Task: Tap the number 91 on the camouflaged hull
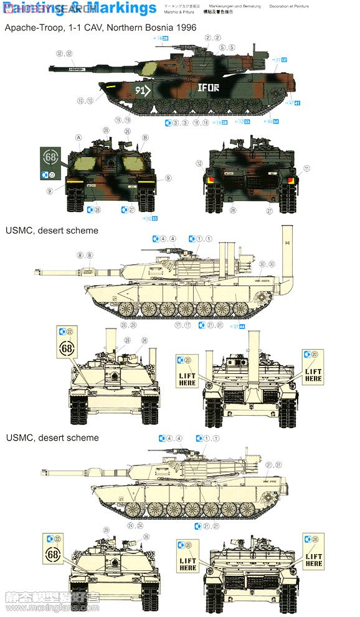click(x=142, y=89)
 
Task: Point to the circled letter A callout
click(x=78, y=137)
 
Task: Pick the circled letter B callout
click(x=144, y=137)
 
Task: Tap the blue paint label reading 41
click(x=297, y=103)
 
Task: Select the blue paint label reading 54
click(x=275, y=121)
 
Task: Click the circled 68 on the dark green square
click(x=50, y=155)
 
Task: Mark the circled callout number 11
click(x=306, y=168)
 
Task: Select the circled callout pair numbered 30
click(x=266, y=264)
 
